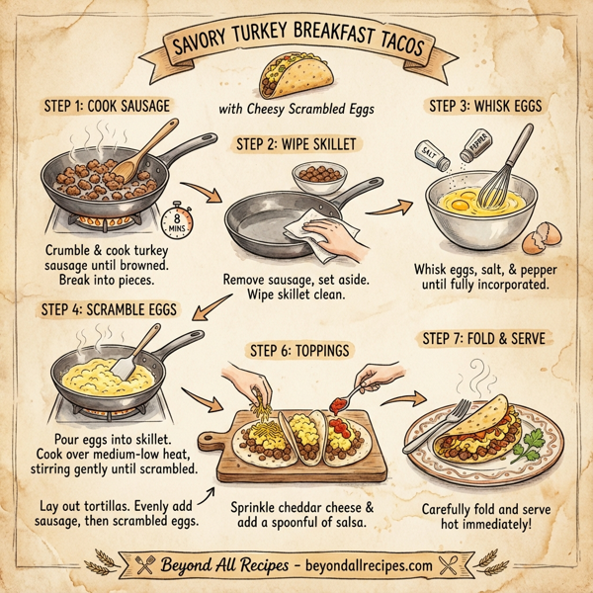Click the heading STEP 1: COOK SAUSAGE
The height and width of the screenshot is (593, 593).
point(106,106)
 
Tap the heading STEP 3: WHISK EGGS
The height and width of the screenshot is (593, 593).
point(487,106)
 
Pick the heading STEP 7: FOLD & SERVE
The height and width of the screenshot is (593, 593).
point(483,339)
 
